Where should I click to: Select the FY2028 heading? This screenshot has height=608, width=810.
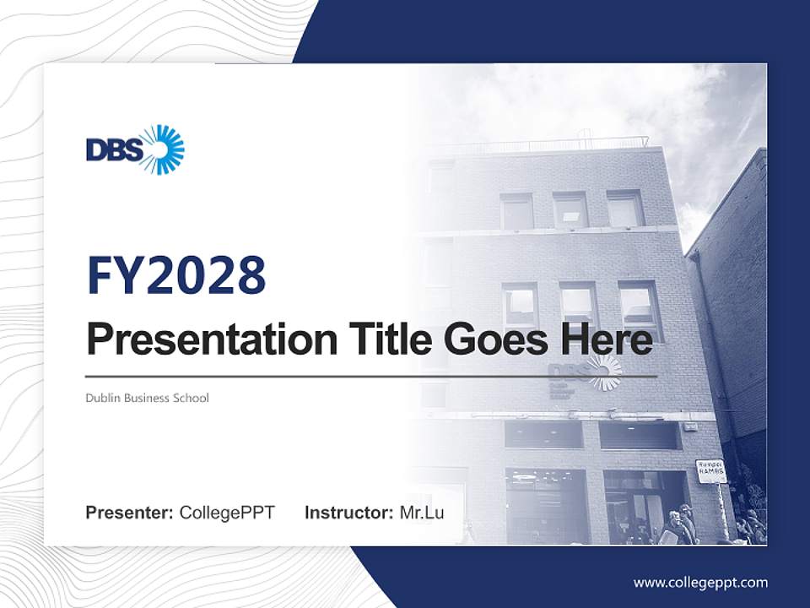(x=176, y=275)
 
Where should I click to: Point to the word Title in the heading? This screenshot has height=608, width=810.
(x=384, y=340)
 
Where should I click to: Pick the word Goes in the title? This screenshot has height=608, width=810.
(x=491, y=340)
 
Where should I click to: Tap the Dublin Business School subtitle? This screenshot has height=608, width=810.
(x=147, y=398)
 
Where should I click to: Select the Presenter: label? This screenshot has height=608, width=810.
(x=130, y=513)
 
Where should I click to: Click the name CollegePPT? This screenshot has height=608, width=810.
(x=227, y=513)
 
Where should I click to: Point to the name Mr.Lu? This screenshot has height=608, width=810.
(x=422, y=513)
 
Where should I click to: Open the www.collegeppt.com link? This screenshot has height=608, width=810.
(x=700, y=582)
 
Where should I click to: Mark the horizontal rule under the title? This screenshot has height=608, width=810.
(x=371, y=376)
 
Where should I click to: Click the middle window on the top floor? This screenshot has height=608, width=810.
(x=570, y=210)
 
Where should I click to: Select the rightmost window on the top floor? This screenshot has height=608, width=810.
(x=625, y=209)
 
